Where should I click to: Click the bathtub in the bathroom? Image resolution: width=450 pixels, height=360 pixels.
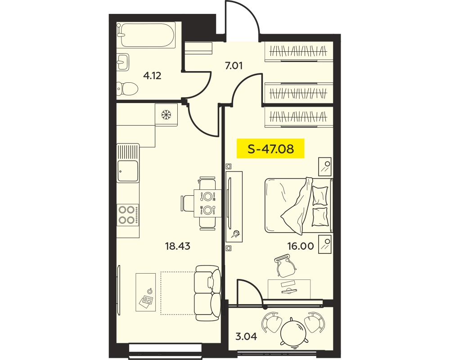(146, 35)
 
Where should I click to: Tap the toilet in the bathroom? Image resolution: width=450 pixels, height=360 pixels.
(127, 89)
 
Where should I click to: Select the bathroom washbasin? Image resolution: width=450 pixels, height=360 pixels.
(123, 62)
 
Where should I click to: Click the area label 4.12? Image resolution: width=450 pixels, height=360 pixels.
(152, 76)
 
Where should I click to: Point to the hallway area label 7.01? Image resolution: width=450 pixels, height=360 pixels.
(234, 66)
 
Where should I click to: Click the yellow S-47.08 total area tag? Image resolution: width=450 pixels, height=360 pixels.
(270, 148)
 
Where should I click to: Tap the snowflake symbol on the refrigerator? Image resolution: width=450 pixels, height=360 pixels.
(166, 115)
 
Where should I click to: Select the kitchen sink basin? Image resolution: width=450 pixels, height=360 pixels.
(128, 171)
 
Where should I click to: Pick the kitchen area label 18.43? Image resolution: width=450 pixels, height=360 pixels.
(178, 246)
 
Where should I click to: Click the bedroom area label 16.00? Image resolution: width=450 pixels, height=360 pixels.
(301, 246)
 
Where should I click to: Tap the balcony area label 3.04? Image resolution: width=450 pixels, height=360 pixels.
(246, 336)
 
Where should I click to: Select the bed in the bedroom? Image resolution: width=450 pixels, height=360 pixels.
(299, 205)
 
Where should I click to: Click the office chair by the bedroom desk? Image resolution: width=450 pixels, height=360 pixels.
(285, 265)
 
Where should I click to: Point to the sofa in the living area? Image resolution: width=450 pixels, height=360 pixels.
(208, 293)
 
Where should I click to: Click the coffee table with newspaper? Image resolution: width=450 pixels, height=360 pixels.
(145, 292)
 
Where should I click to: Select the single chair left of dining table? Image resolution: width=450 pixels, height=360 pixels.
(187, 203)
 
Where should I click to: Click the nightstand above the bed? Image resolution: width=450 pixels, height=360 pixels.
(325, 166)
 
